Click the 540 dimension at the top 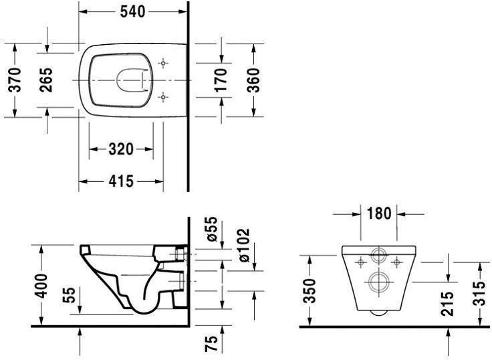(x=132, y=12)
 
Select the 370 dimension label (x=15, y=80)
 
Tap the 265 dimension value (x=46, y=80)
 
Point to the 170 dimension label (x=221, y=80)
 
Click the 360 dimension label (x=253, y=80)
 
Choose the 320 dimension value (x=121, y=149)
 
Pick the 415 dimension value (x=121, y=181)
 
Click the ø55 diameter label (x=211, y=229)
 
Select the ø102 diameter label (x=244, y=246)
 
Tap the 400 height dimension (x=41, y=286)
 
